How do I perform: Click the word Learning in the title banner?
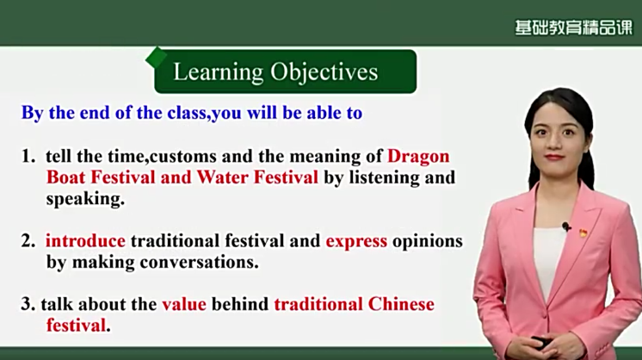coord(219,72)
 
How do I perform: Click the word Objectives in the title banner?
coord(324,72)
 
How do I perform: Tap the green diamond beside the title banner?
coord(156,58)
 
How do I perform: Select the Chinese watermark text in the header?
coord(574,28)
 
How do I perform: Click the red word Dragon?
coord(418,156)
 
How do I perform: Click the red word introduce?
coord(85,241)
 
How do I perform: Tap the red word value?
coord(184,304)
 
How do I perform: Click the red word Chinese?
coord(401,304)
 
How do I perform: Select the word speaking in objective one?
coord(85,200)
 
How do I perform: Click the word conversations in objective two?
coord(200,263)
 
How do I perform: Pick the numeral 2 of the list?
coord(28,241)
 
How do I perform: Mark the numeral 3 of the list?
coord(28,304)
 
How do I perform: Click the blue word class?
coord(188,113)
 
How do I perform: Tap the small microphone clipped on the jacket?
coord(566,227)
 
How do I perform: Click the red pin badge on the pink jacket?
coord(583,233)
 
